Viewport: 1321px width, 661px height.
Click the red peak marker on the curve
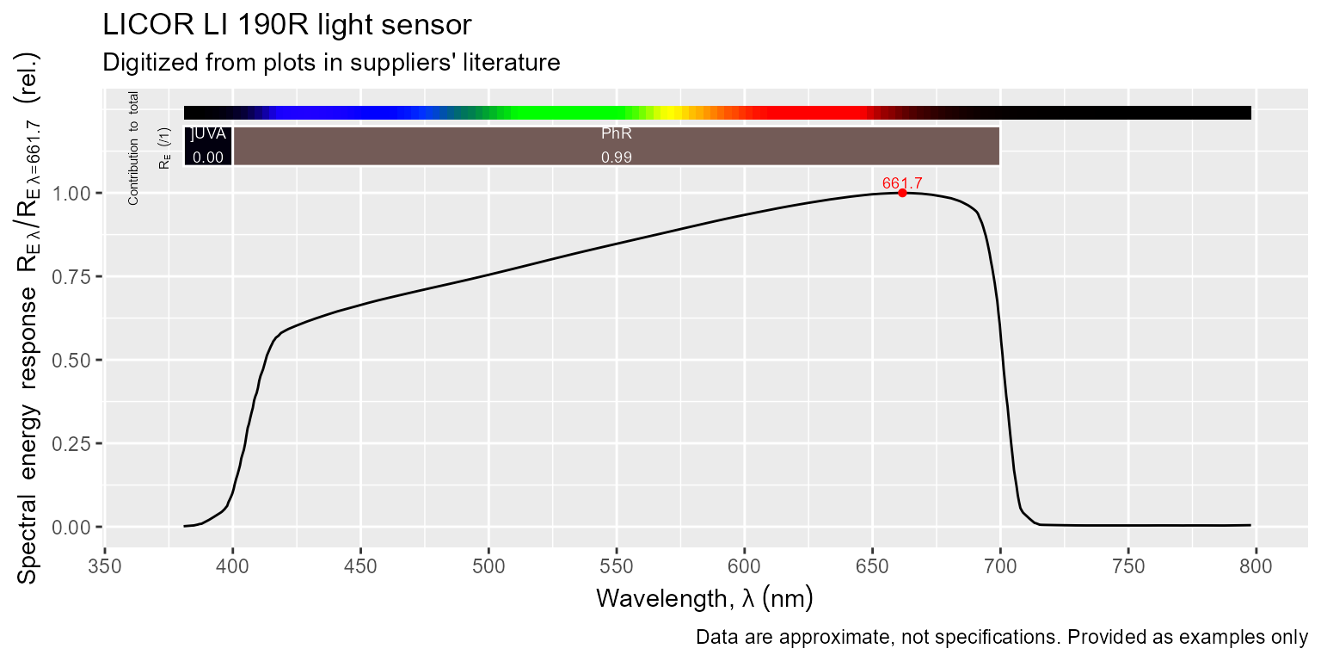902,193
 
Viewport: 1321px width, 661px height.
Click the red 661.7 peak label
902,183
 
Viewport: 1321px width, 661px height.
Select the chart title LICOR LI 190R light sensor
287,25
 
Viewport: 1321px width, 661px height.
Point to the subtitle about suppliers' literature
331,63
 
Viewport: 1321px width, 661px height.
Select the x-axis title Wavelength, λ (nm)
704,597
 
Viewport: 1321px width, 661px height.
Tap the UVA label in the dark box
208,134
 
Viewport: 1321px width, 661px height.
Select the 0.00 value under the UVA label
208,158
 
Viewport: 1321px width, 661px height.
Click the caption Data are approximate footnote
1001,638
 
